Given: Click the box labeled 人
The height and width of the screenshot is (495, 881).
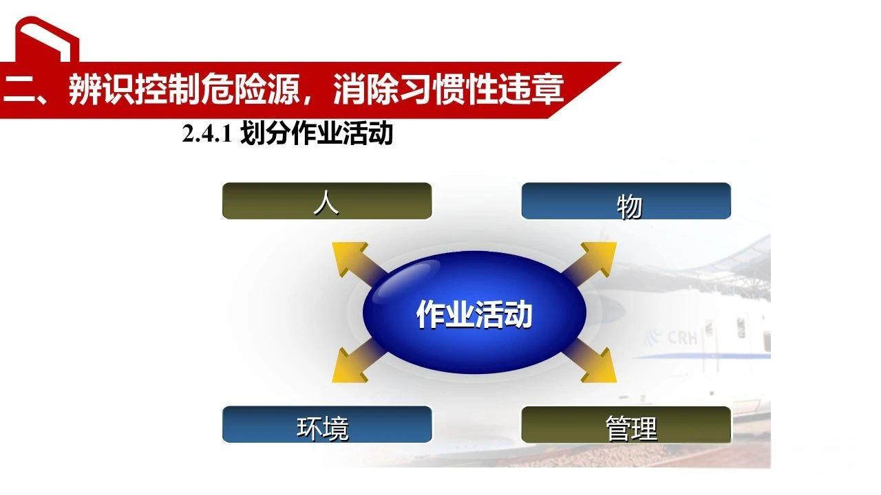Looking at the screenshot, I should (326, 201).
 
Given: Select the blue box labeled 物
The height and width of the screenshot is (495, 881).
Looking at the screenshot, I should (626, 201).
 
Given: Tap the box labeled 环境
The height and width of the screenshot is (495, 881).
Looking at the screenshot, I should (326, 424).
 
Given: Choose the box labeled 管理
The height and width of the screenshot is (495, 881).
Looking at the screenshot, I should (626, 424).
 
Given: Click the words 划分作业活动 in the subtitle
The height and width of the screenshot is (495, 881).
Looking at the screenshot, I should (317, 134).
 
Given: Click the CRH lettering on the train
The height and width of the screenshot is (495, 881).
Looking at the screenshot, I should (683, 338).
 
